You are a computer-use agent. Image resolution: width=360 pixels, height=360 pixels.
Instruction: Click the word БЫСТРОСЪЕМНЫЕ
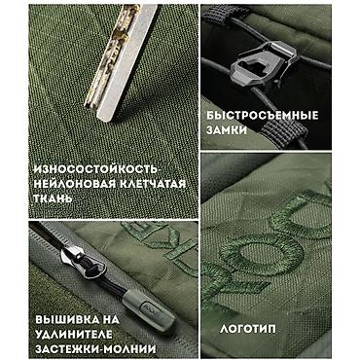263,116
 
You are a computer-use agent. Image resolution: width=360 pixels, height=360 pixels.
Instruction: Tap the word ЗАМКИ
227,130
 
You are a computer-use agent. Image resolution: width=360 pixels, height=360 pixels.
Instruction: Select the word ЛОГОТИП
248,329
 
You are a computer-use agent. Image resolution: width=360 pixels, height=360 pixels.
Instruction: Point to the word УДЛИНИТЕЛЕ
74,335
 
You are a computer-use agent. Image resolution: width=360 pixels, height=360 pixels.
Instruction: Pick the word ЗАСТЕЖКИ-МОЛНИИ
95,349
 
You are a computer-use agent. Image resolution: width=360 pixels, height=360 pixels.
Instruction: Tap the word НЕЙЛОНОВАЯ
75,184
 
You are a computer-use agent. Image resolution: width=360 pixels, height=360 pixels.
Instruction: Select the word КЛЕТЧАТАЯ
153,184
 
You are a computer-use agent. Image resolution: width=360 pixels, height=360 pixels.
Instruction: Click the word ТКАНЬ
53,198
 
